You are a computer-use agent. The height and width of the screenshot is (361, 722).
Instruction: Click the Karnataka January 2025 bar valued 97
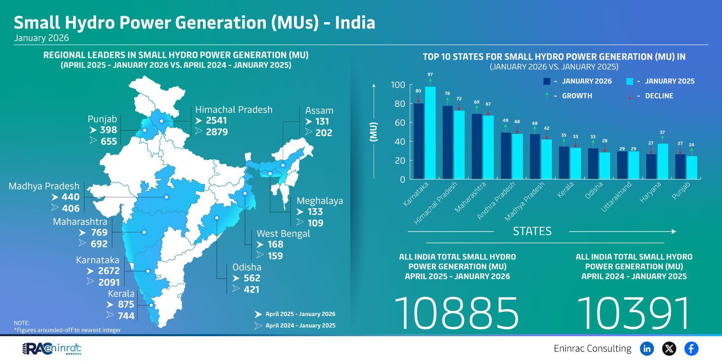click(430, 133)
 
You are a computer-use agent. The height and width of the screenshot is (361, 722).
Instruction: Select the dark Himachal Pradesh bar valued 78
click(448, 143)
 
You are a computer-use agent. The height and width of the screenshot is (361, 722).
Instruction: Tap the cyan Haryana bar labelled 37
click(662, 162)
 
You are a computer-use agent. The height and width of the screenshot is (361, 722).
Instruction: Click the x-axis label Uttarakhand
click(616, 197)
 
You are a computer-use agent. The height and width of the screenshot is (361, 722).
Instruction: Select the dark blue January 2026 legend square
click(547, 81)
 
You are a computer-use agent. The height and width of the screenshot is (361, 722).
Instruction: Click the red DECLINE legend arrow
click(629, 96)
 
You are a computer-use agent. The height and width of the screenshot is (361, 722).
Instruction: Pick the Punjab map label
click(102, 119)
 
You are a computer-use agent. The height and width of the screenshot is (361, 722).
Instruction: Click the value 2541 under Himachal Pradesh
click(216, 120)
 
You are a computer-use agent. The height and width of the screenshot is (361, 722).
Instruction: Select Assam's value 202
click(324, 133)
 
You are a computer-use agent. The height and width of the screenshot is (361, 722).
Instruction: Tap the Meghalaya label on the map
click(319, 201)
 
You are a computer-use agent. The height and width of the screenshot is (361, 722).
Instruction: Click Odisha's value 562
click(252, 278)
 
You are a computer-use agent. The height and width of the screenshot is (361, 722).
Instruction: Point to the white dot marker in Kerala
click(151, 305)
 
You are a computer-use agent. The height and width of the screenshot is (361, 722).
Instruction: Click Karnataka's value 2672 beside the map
click(109, 271)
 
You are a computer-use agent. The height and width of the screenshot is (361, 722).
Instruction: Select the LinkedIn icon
click(647, 348)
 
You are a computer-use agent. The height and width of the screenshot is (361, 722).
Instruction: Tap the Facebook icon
click(691, 348)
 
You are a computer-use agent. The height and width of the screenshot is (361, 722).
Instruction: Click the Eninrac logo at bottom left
click(52, 348)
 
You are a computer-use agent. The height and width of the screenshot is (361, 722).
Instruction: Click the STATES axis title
click(532, 231)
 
